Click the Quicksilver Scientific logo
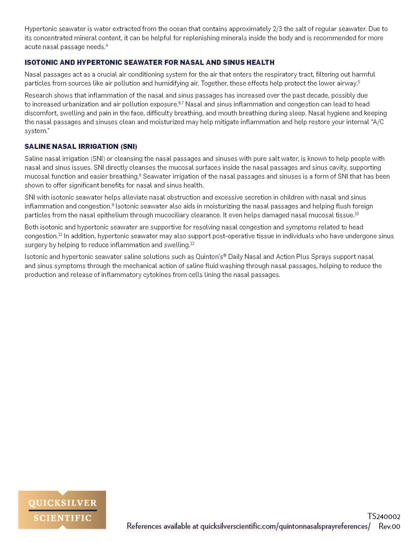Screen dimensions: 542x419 [62, 510]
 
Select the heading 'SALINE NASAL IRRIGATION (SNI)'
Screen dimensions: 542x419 [81, 146]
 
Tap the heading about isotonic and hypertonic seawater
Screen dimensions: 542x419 [149, 62]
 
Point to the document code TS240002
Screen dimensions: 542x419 [384, 516]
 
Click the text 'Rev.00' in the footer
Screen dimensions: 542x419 [389, 526]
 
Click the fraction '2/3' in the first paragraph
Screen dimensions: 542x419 [277, 29]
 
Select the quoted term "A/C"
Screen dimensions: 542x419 [378, 122]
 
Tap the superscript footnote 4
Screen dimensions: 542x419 [107, 45]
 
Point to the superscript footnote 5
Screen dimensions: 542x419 [359, 82]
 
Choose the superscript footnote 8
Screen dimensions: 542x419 [140, 175]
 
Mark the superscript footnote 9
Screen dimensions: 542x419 [113, 205]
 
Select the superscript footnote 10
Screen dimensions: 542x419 [357, 214]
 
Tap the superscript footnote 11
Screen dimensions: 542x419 [60, 234]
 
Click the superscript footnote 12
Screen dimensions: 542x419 [192, 243]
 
